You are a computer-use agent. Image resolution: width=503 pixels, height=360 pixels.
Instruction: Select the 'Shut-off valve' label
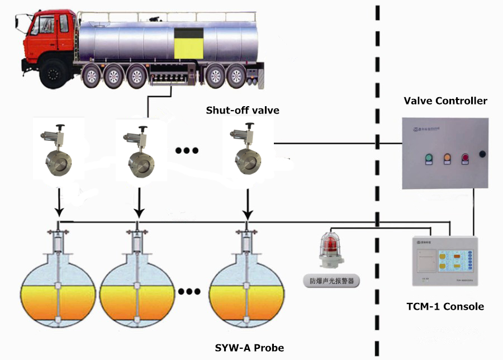pos(243,111)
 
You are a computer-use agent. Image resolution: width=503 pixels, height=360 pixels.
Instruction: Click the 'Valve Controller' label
pos(445,101)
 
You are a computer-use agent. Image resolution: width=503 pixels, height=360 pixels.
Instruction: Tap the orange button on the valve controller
pos(447,158)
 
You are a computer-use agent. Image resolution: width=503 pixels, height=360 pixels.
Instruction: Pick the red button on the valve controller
pos(465,158)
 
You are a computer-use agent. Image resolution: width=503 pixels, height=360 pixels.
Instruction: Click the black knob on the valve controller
pos(483,153)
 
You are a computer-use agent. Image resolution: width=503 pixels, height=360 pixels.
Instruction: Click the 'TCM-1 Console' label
pos(445,306)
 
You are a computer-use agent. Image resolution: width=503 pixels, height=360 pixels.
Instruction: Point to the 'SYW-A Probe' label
pos(249,348)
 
